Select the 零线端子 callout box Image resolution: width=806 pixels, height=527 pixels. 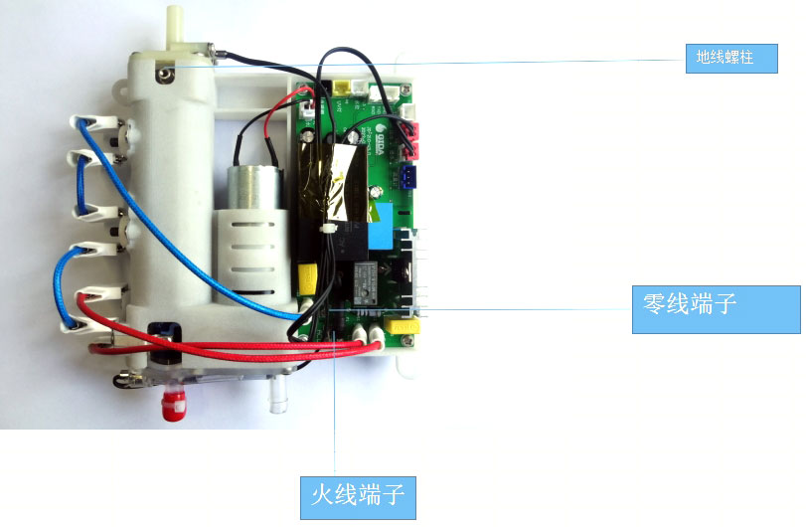point(716,309)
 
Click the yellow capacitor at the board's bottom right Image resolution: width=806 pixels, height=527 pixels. point(403,325)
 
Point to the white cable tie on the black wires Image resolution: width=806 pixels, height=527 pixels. point(324,230)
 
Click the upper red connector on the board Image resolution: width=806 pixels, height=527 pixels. point(412,130)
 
